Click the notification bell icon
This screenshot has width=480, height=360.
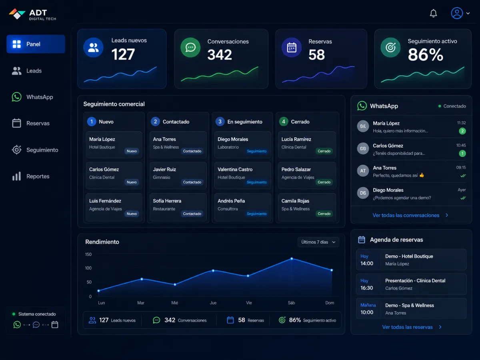433,13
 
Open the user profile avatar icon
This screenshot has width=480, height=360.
457,13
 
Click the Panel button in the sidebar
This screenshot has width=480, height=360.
36,44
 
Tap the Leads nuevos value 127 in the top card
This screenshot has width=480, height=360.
123,54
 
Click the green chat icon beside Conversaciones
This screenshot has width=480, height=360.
190,48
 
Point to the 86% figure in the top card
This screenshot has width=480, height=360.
425,55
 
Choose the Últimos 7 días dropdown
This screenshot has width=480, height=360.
318,242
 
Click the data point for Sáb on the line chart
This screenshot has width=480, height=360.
292,258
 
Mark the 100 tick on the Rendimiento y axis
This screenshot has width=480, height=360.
88,268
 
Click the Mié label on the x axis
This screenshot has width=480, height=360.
174,303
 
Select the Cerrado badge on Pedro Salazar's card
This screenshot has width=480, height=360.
324,182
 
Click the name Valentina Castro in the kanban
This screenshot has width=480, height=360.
235,169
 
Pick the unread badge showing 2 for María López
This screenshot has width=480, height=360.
462,131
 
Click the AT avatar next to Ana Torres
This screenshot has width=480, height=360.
363,171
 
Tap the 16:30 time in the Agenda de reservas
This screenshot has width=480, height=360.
366,288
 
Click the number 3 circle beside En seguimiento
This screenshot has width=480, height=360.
220,122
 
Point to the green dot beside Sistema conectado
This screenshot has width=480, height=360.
14,314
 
